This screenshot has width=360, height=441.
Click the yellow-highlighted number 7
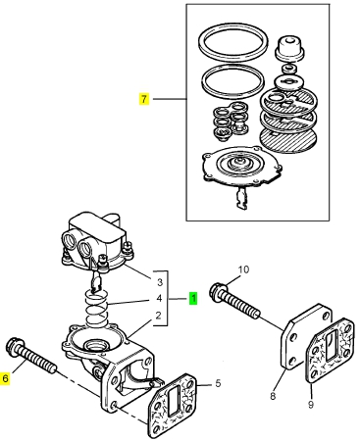pyautogui.click(x=144, y=99)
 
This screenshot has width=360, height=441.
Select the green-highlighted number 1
pyautogui.click(x=193, y=298)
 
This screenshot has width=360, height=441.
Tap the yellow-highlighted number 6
pyautogui.click(x=5, y=378)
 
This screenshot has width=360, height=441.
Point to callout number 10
pyautogui.click(x=243, y=269)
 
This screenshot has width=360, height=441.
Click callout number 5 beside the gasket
pyautogui.click(x=218, y=383)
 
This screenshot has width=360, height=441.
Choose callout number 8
pyautogui.click(x=273, y=396)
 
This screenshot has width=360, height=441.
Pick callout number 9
pyautogui.click(x=311, y=405)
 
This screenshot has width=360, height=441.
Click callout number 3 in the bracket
pyautogui.click(x=160, y=282)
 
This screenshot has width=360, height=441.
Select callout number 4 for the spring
pyautogui.click(x=159, y=298)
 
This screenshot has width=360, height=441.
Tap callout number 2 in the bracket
pyautogui.click(x=159, y=316)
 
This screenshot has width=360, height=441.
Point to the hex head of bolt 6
pyautogui.click(x=13, y=346)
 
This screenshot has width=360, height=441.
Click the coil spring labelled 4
pyautogui.click(x=96, y=308)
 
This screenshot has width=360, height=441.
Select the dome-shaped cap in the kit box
pyautogui.click(x=290, y=47)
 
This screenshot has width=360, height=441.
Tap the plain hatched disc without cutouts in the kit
pyautogui.click(x=288, y=139)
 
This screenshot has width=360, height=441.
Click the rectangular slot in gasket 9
pyautogui.click(x=332, y=345)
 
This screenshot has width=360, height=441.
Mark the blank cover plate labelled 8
pyautogui.click(x=306, y=336)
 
